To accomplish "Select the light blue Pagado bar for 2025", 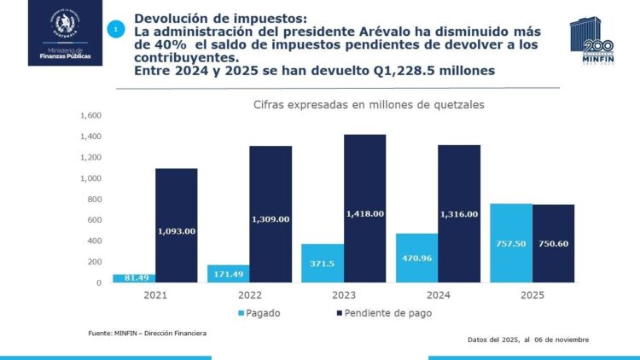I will tap(511, 243).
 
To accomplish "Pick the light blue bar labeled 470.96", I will tap(416, 258).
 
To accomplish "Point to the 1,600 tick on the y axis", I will tap(90, 116).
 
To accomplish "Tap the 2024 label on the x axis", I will tap(438, 294).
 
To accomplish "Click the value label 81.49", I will tap(130, 277).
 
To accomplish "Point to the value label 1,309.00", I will tap(272, 219).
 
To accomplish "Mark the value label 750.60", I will tap(553, 243).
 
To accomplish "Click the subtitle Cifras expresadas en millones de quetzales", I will tap(362, 104).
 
